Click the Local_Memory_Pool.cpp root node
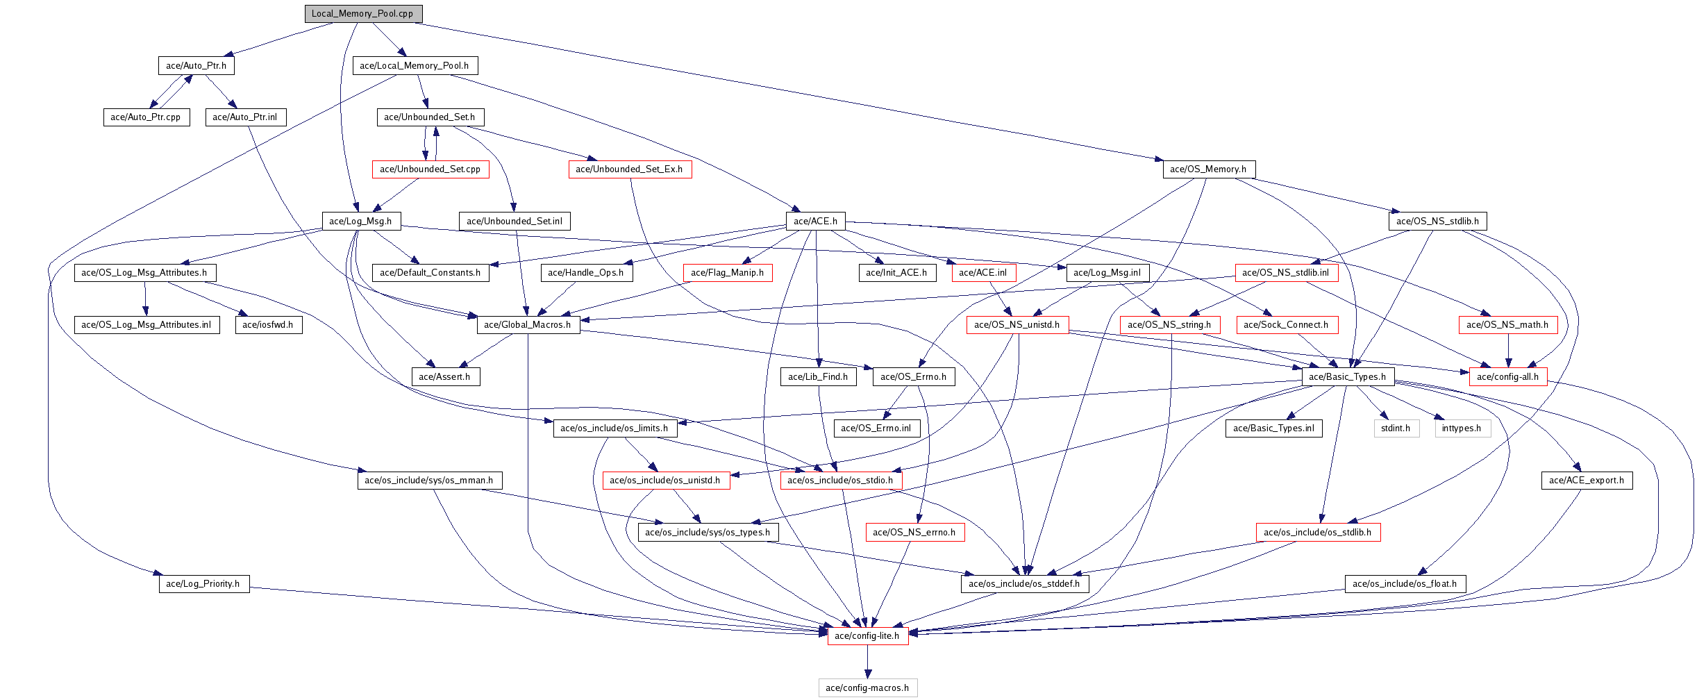click(362, 13)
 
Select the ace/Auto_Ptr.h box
click(196, 65)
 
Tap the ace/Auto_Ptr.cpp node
click(145, 117)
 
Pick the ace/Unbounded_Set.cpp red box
click(430, 169)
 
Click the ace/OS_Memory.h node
click(1207, 169)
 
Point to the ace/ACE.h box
click(815, 221)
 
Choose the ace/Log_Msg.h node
click(360, 221)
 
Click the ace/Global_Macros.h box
click(528, 324)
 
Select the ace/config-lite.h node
click(867, 635)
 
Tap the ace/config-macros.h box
click(867, 687)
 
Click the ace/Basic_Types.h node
click(1347, 376)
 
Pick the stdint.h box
click(1396, 428)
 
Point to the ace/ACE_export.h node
click(1587, 480)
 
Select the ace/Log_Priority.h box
click(203, 583)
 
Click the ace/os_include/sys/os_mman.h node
click(429, 480)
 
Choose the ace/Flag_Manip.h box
click(727, 272)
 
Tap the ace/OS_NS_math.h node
click(1507, 324)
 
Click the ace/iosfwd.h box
click(268, 324)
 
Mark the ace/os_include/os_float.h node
click(1405, 583)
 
